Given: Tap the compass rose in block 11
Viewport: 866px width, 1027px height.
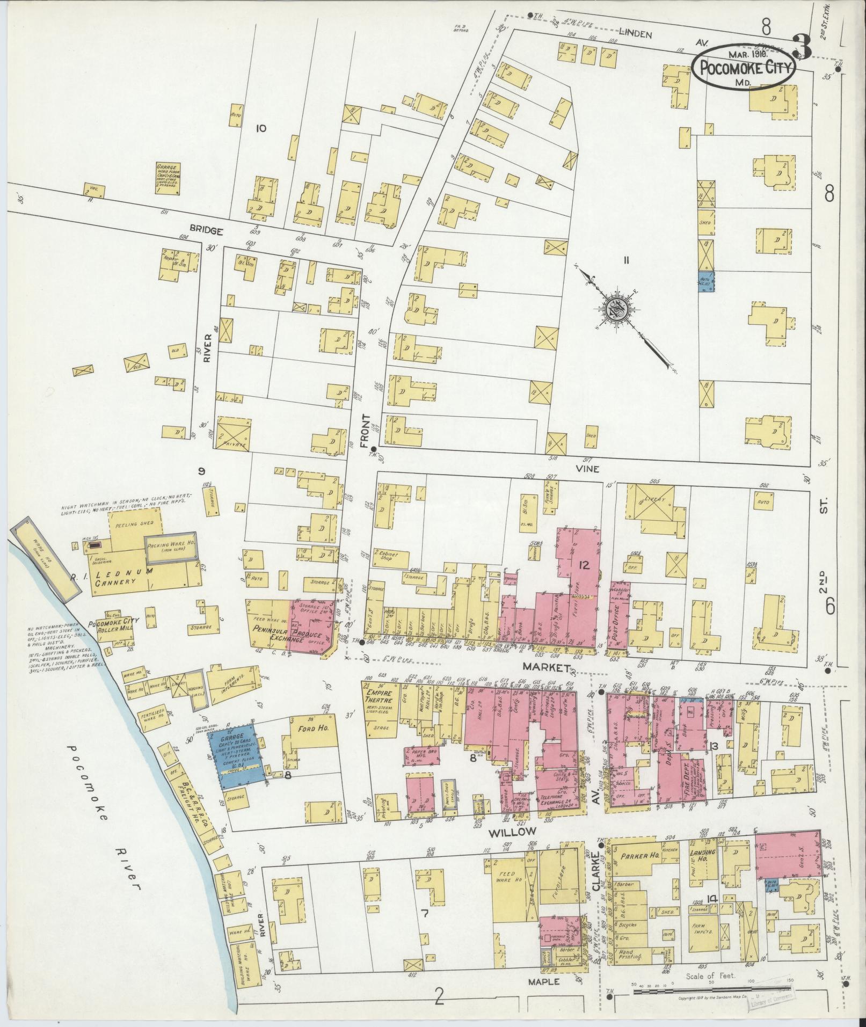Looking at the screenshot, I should coord(615,310).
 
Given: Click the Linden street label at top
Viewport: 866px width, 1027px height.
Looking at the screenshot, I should coord(636,35).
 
